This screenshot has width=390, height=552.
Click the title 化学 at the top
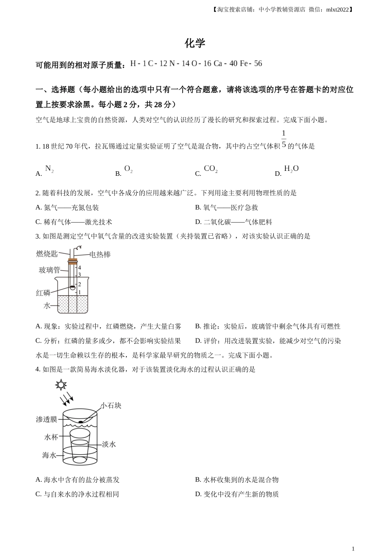pos(195,43)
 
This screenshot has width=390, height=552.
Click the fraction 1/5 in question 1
pos(284,139)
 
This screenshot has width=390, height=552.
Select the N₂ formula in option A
pos(49,169)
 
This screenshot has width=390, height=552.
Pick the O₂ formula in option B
pos(128,169)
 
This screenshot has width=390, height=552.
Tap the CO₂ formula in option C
pos(211,169)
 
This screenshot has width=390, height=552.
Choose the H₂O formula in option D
pos(291,169)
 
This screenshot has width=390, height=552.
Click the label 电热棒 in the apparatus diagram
pos(100,255)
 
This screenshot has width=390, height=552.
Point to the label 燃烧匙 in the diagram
pos(47,254)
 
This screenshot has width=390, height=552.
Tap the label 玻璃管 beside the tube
pos(49,270)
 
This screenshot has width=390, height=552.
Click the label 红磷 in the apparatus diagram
pos(43,293)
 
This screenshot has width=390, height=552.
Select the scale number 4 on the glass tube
pos(79,268)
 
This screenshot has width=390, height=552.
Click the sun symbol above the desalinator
pos(61,385)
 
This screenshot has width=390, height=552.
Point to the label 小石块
pos(111,405)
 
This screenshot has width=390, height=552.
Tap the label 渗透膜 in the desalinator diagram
pos(46,419)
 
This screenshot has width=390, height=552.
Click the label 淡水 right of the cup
pos(109,444)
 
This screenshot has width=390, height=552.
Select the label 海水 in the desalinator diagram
pos(49,455)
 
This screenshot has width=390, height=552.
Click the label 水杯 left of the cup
pos(51,437)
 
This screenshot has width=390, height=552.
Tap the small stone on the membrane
pos(81,421)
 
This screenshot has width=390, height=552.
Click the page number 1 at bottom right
pos(353,548)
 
